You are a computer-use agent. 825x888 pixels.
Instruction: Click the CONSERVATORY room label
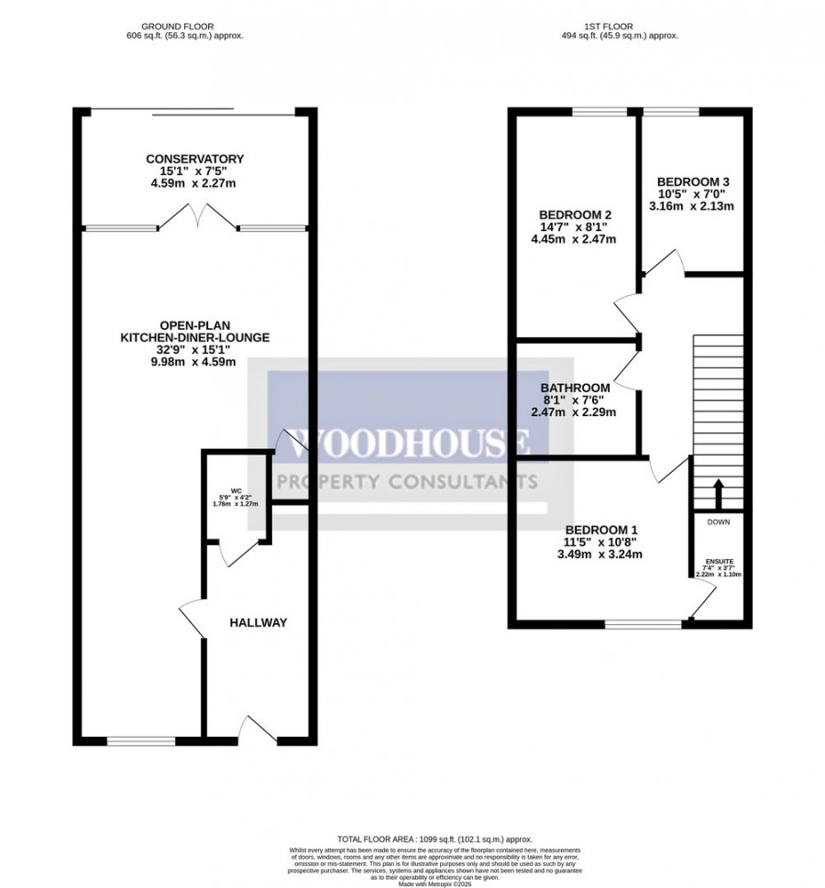click(x=194, y=159)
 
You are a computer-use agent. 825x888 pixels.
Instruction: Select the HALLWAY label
click(x=258, y=623)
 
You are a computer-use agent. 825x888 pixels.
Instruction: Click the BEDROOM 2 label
click(x=573, y=214)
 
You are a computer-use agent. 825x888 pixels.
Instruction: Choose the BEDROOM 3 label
click(x=692, y=181)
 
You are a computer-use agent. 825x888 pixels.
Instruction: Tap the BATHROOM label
click(x=574, y=388)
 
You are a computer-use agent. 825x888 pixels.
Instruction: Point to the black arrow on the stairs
click(x=718, y=492)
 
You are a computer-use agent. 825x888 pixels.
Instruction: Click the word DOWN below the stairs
click(x=718, y=521)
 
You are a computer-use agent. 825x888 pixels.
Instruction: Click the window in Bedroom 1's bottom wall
click(x=643, y=624)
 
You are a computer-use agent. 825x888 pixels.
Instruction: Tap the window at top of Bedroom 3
click(x=670, y=112)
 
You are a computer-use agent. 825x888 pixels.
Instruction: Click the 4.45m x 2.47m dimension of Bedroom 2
click(x=573, y=240)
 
